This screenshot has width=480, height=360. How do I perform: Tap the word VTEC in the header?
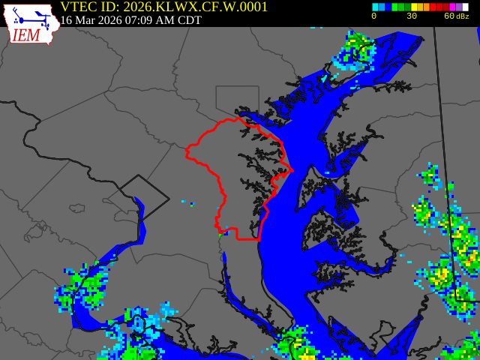click(x=79, y=7)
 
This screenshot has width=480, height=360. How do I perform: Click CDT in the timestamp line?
click(x=187, y=20)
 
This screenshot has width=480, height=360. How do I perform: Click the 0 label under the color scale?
click(x=373, y=16)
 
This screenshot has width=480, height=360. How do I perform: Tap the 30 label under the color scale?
click(x=412, y=16)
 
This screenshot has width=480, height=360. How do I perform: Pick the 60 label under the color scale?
click(x=448, y=16)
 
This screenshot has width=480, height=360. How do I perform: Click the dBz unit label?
click(x=463, y=16)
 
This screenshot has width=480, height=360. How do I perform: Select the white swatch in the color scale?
click(x=465, y=7)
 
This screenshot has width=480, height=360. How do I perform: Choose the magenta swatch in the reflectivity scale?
click(x=452, y=7)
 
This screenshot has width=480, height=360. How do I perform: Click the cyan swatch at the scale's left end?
click(x=375, y=7)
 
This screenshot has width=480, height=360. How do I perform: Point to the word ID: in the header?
click(x=109, y=7)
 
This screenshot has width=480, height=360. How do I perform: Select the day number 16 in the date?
click(x=66, y=20)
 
